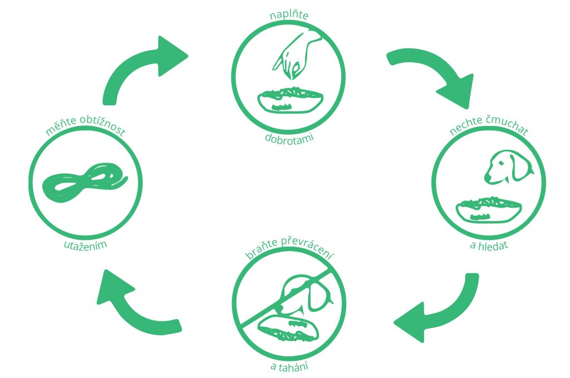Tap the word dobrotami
tap(289, 137)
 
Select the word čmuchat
tap(507, 131)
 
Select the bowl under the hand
tap(289, 100)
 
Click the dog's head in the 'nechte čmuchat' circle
tap(507, 167)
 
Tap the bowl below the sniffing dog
tap(488, 209)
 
